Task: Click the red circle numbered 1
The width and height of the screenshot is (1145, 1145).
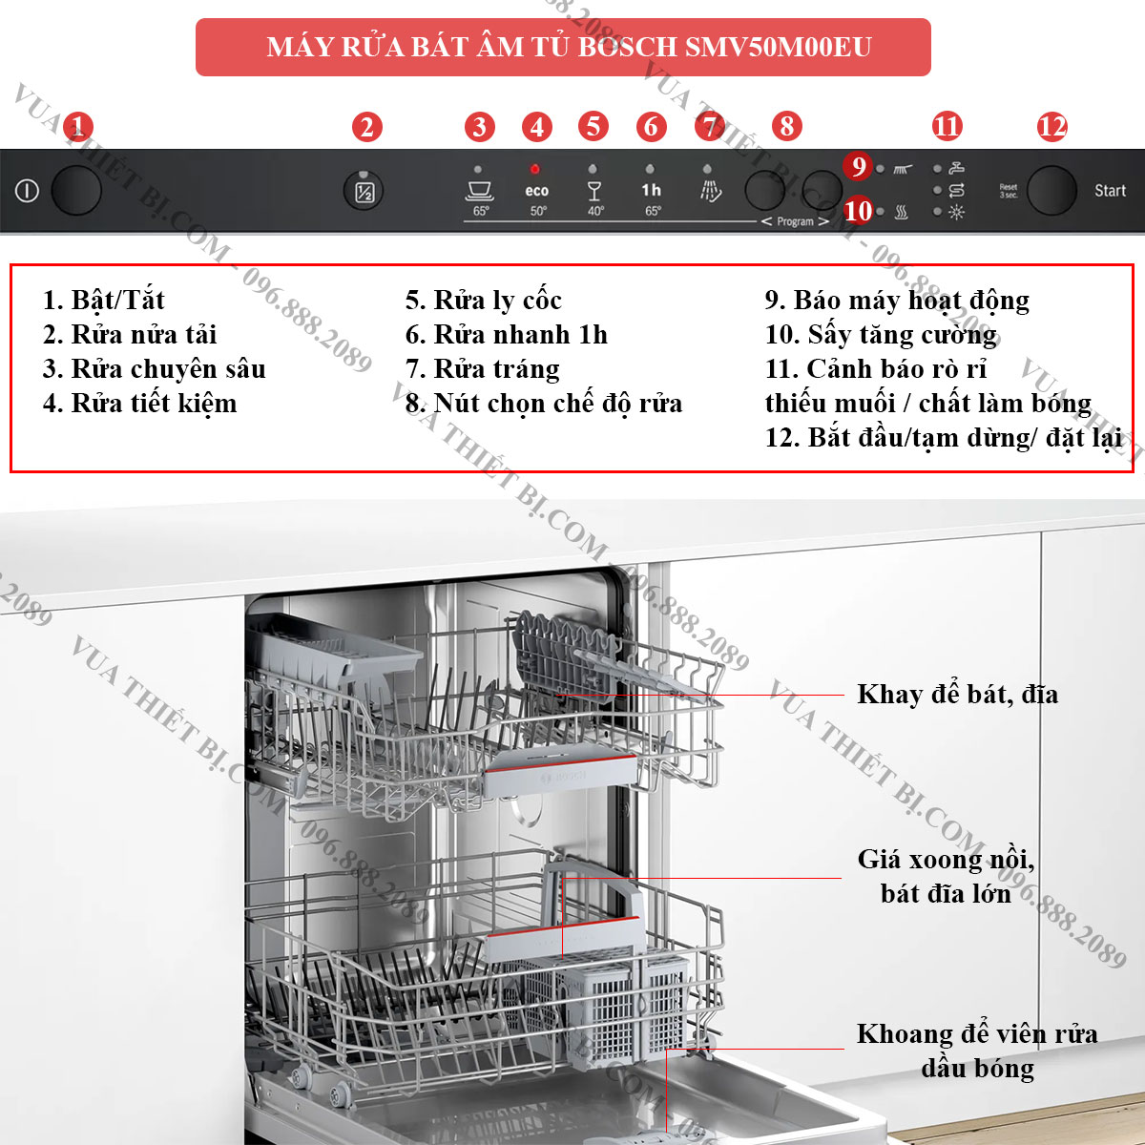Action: pos(78,127)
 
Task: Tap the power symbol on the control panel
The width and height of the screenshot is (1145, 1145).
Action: pos(27,191)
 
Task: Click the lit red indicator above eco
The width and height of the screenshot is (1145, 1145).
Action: pos(534,169)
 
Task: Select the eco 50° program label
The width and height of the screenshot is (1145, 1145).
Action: pos(536,199)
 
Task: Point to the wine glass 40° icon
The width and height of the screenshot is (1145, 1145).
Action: pos(593,192)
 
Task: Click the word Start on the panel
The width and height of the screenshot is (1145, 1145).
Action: pos(1110,191)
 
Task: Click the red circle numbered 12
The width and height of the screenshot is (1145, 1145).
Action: pos(1051,127)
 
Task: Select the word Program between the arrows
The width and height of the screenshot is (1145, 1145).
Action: pos(795,221)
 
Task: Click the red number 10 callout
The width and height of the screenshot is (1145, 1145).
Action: pos(858,211)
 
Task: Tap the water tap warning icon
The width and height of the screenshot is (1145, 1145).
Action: pos(956,168)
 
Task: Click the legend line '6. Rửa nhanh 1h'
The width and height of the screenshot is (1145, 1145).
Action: pos(507,335)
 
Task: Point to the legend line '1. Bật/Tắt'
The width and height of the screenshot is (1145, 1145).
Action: pos(103,300)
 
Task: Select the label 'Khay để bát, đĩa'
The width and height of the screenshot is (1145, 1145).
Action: pos(957,694)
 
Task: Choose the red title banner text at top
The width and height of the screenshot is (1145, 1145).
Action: pos(569,47)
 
